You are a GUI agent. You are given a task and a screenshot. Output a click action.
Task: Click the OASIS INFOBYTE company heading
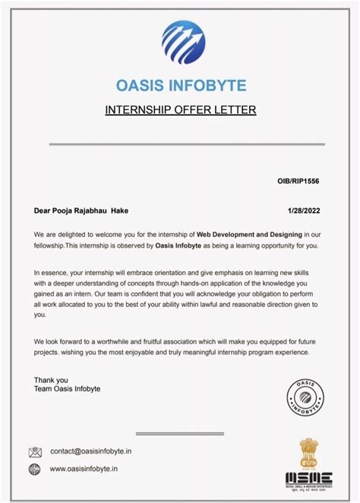pyautogui.click(x=181, y=84)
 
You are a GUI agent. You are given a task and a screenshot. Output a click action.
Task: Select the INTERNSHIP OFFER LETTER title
pyautogui.click(x=181, y=110)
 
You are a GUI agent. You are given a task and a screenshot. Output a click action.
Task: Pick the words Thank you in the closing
pyautogui.click(x=51, y=380)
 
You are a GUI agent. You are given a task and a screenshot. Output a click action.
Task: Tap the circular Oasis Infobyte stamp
pyautogui.click(x=307, y=394)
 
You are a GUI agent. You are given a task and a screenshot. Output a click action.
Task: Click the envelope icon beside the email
pyautogui.click(x=35, y=452)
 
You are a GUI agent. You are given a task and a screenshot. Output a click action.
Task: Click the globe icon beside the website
pyautogui.click(x=35, y=470)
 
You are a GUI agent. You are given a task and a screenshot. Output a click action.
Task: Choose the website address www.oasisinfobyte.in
pyautogui.click(x=84, y=470)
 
